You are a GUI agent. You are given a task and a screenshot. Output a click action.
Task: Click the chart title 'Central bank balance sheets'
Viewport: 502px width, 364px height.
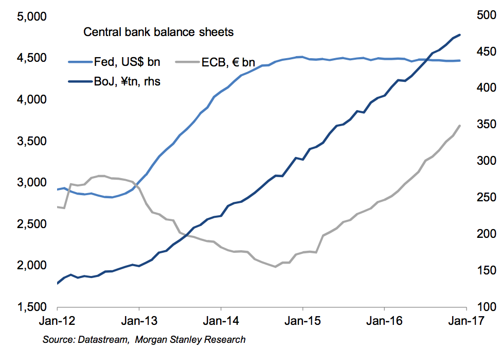pos(158,32)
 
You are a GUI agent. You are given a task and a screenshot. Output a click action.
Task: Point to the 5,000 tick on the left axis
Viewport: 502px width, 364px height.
pos(32,16)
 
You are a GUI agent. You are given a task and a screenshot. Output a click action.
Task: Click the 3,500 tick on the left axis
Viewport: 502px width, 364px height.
pos(32,141)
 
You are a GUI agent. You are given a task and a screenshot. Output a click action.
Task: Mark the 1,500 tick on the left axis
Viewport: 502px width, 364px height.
pos(32,307)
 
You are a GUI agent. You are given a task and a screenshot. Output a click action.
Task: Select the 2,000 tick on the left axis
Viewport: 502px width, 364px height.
pos(32,266)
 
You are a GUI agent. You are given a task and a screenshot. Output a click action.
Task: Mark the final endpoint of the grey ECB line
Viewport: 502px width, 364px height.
pos(459,125)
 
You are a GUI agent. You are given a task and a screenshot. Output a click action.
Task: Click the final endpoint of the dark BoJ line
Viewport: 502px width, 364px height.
pos(459,34)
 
